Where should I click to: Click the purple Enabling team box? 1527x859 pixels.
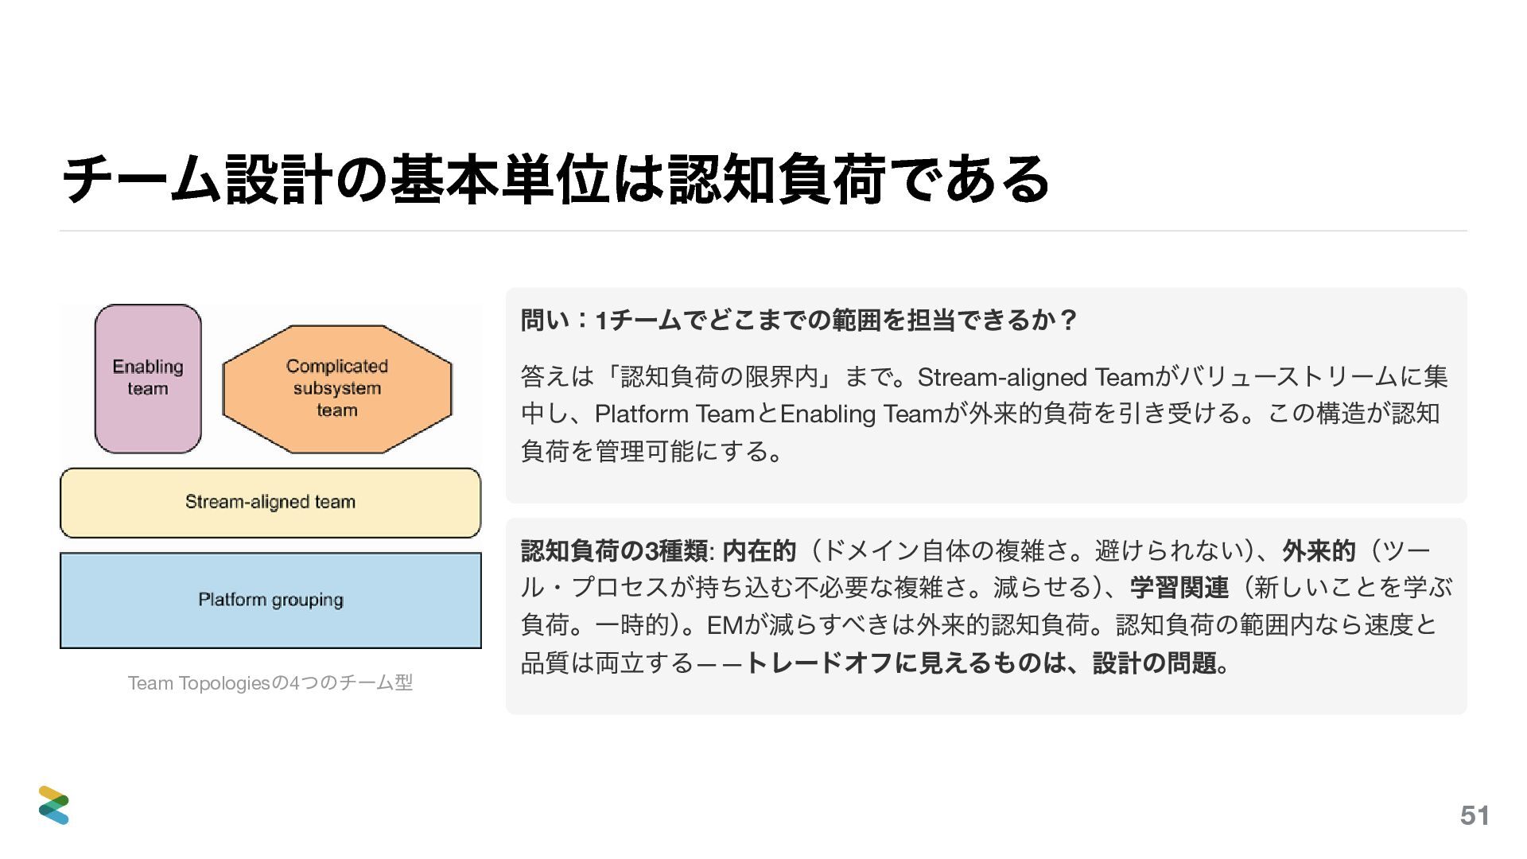[x=148, y=379]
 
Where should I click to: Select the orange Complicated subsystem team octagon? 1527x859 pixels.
[x=337, y=388]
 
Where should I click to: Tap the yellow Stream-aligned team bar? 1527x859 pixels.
[x=270, y=503]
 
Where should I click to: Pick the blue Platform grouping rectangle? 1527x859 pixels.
[x=270, y=601]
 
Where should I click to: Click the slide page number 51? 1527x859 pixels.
[x=1475, y=815]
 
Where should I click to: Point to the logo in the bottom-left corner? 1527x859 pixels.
[x=54, y=805]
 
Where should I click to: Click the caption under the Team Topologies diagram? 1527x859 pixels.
[x=270, y=683]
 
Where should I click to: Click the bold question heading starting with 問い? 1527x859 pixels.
[x=798, y=321]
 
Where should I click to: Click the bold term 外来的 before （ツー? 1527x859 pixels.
[x=1319, y=550]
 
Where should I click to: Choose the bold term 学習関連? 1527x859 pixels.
[x=1179, y=588]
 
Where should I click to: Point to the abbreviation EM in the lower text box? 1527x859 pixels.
[x=724, y=625]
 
